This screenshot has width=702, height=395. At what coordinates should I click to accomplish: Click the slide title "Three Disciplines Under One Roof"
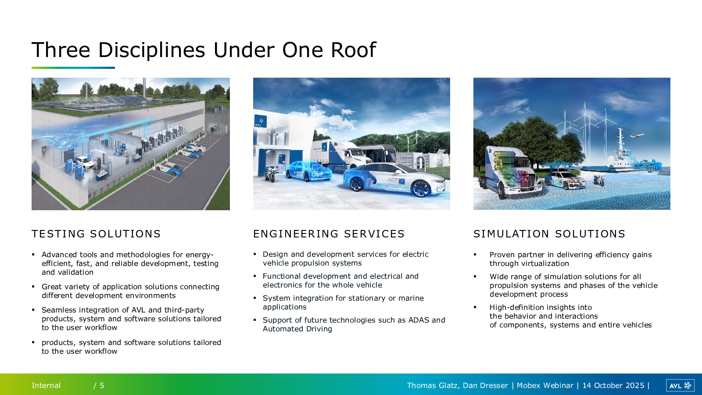[x=204, y=50]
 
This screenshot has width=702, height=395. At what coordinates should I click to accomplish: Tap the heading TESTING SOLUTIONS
[x=96, y=234]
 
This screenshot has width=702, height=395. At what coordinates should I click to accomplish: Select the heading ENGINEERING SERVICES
[x=329, y=234]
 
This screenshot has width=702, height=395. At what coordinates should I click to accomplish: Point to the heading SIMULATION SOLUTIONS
[x=549, y=234]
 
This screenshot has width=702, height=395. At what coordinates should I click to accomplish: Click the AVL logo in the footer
[x=680, y=385]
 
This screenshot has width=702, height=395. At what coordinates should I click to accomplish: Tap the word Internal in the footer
[x=46, y=385]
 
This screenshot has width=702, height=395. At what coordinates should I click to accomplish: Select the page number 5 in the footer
[x=102, y=385]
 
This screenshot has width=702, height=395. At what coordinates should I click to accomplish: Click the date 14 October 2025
[x=613, y=385]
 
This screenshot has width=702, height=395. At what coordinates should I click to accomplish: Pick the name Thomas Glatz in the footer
[x=433, y=385]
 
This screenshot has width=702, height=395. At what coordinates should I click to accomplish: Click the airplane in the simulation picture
[x=637, y=136]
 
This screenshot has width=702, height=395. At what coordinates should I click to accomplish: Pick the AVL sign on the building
[x=261, y=121]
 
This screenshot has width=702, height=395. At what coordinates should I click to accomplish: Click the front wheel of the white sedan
[x=421, y=189]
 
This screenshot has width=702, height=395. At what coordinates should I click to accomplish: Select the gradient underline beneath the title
[x=73, y=68]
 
